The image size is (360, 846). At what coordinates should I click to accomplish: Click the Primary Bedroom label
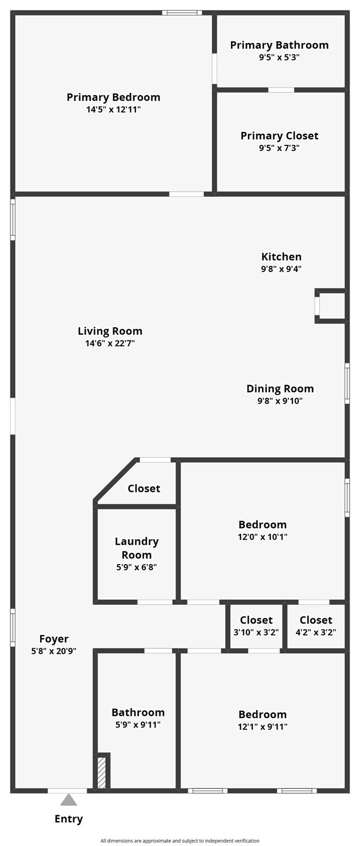[113, 97]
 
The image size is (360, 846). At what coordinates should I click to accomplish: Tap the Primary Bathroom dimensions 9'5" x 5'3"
[279, 57]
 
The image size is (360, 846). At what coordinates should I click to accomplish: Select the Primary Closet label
[279, 135]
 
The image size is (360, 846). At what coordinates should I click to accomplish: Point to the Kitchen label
[281, 257]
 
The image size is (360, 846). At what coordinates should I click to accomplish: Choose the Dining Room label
[280, 389]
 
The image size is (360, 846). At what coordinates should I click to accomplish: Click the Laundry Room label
[137, 548]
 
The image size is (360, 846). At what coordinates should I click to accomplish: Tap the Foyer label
[54, 639]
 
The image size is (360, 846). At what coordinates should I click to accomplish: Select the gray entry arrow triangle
[68, 800]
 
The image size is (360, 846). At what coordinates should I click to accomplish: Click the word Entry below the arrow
[68, 819]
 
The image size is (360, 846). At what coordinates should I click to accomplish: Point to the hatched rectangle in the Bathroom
[102, 773]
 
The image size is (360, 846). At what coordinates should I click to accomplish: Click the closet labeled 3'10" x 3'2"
[256, 626]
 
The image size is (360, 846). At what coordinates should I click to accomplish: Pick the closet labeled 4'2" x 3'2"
[316, 626]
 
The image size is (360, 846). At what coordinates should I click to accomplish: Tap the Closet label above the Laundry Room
[144, 489]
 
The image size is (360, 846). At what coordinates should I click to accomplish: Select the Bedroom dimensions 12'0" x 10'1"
[263, 537]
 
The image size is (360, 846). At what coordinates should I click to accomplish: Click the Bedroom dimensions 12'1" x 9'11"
[263, 727]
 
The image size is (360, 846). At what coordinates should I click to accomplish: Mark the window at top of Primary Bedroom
[182, 12]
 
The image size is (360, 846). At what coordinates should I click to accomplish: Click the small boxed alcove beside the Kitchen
[331, 306]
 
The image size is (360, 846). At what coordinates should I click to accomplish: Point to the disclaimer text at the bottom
[180, 841]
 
